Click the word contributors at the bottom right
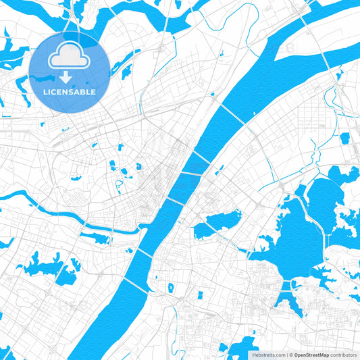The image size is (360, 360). [344, 354]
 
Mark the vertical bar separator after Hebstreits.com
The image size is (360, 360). [286, 354]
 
